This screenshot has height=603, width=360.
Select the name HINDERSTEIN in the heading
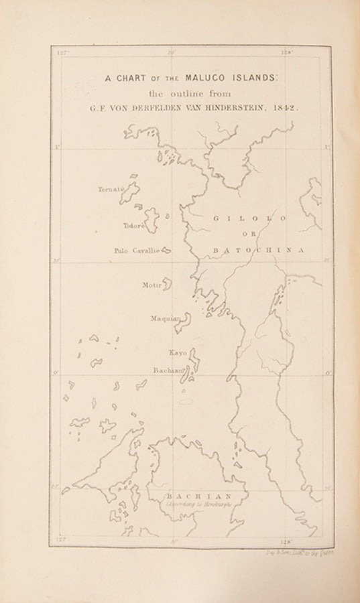(232, 107)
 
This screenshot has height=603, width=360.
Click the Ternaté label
(111, 190)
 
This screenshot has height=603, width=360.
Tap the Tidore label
(133, 226)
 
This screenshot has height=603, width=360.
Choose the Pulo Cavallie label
(137, 251)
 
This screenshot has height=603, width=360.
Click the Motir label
(152, 285)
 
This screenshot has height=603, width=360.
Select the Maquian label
(165, 319)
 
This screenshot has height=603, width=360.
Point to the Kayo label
(178, 352)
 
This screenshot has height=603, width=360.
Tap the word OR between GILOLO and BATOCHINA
(249, 234)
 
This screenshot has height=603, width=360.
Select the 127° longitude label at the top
(63, 52)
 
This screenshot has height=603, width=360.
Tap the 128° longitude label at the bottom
(287, 541)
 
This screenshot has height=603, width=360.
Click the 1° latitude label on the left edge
(57, 147)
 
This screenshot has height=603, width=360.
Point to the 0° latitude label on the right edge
(328, 373)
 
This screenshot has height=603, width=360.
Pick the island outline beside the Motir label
(167, 284)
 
